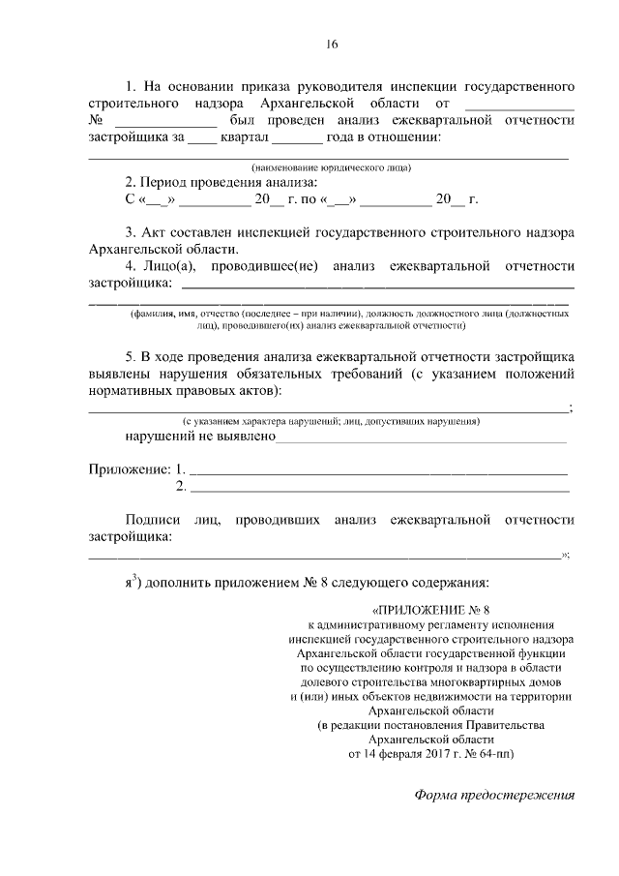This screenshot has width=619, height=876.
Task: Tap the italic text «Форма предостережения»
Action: pos(494,796)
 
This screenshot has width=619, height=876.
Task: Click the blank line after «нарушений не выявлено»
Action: pos(423,438)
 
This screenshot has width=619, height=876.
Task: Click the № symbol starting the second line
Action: pos(96,120)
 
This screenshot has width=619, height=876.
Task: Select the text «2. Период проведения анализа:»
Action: pos(221,181)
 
